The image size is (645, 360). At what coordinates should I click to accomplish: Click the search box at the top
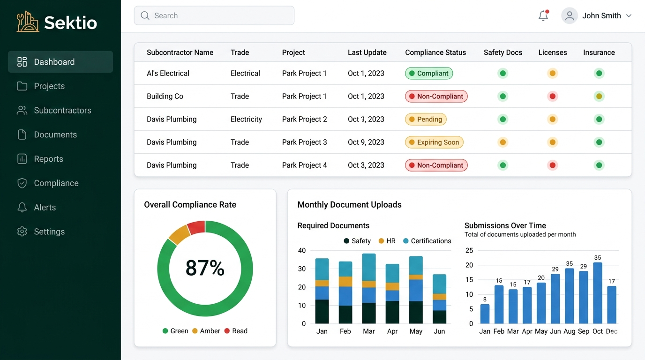point(214,15)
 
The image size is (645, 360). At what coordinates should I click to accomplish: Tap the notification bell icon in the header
point(543,15)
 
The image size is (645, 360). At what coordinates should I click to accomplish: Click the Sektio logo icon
point(28,22)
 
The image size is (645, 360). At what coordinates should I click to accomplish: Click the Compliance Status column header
point(435,52)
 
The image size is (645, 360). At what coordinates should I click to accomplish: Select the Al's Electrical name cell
point(168,73)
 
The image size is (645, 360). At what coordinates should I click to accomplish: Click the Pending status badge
point(426,119)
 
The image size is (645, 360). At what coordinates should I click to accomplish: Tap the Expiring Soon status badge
point(434,142)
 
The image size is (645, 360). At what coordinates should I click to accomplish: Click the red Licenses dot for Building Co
point(553,97)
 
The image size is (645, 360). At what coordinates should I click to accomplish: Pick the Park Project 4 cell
point(304,165)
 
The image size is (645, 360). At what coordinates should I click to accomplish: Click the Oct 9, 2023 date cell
point(366,142)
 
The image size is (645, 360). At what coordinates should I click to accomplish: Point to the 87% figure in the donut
point(205,268)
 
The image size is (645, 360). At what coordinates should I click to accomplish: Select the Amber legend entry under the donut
point(206,331)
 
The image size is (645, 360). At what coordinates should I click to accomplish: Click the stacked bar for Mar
point(369,288)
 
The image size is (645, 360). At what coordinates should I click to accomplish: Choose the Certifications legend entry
point(427,241)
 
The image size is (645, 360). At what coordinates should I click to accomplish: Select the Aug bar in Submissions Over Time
point(570,296)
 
